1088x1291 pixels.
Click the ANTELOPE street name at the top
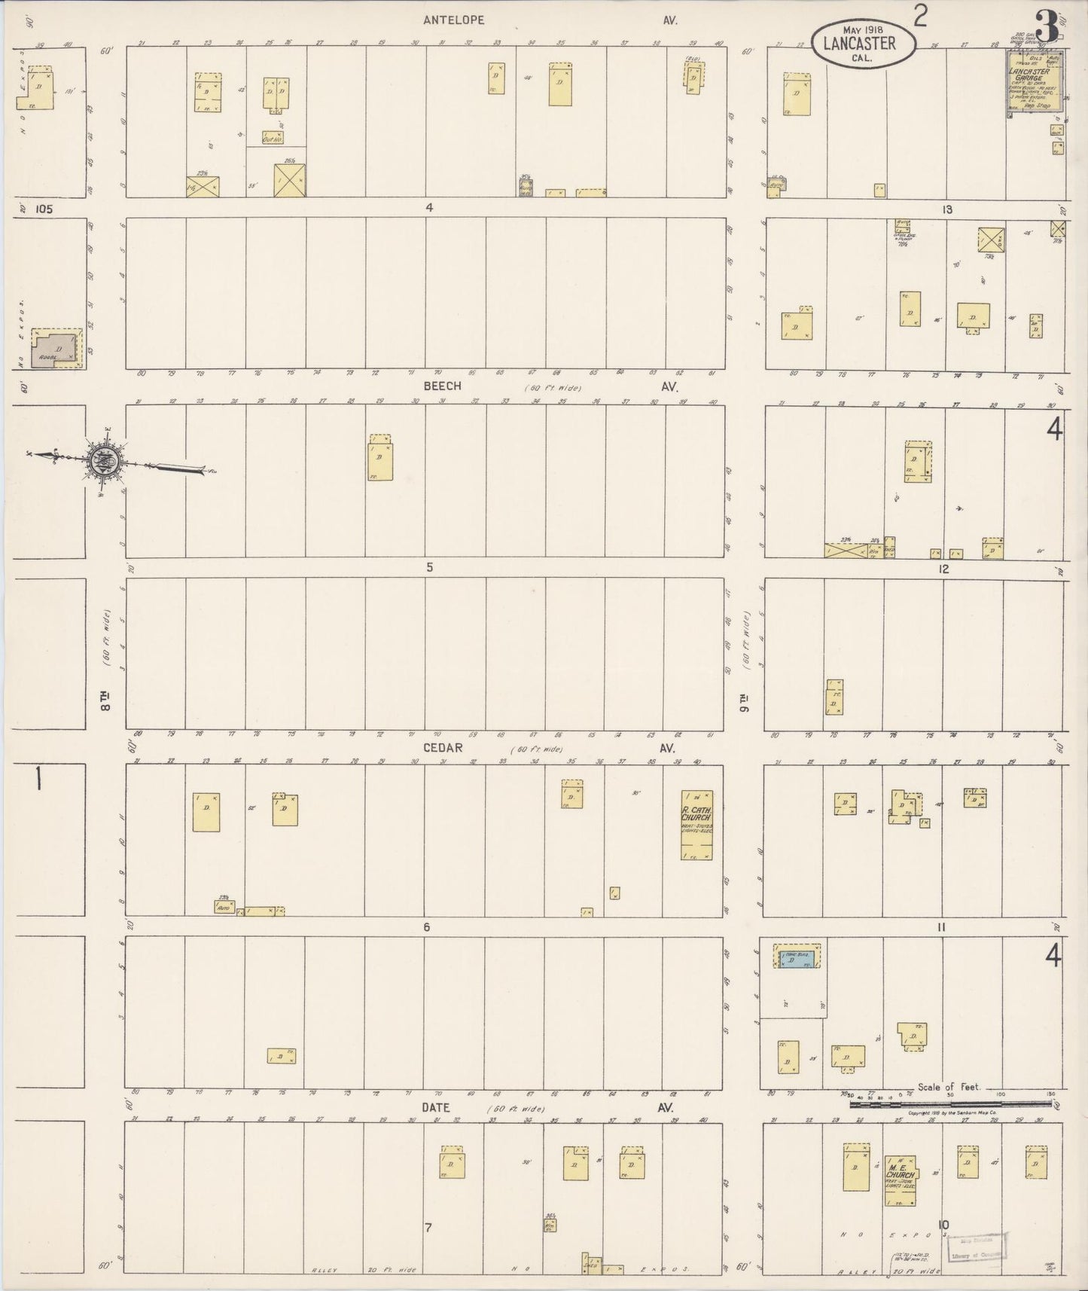coord(453,20)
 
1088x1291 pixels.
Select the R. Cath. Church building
coord(696,826)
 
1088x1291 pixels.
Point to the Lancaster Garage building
coord(1036,84)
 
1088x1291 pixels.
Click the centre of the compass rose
coord(103,461)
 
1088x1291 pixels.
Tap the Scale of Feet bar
coord(952,1103)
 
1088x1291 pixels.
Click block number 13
coord(946,209)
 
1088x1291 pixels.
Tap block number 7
coord(428,1228)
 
